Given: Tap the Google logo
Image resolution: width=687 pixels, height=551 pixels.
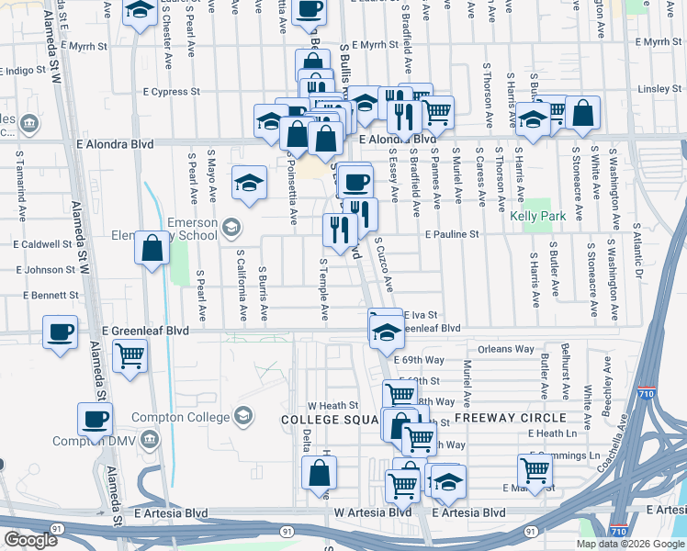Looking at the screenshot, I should click(30, 540).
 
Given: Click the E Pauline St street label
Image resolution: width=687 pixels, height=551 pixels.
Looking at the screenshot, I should click(452, 234).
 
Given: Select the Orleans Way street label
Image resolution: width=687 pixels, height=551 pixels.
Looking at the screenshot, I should click(505, 349).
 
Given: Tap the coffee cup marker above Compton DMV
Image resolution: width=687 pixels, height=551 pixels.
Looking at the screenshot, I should click(95, 420).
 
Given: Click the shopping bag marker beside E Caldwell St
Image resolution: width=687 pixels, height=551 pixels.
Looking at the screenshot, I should click(152, 248).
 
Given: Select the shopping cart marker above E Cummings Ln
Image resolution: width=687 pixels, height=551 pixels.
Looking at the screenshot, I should click(535, 470).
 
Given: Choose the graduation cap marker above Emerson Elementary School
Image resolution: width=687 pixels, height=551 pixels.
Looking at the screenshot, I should click(250, 183).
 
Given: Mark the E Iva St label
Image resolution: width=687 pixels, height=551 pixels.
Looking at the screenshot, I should click(419, 314).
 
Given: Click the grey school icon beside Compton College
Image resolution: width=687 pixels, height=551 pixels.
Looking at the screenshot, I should click(242, 416).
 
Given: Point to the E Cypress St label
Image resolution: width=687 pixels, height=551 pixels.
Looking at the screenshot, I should click(172, 92).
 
